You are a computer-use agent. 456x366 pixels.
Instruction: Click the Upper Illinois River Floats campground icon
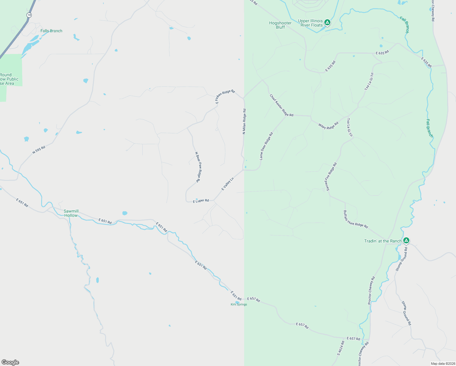327,22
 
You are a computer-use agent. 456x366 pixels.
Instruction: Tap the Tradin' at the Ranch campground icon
406,241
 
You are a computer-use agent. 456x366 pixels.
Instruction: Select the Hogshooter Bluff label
280,25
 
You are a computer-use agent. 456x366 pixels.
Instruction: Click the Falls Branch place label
51,31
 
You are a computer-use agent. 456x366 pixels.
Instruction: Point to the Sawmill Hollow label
71,213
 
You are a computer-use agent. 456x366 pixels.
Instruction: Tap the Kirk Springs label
239,304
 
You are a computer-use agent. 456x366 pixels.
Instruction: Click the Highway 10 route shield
29,15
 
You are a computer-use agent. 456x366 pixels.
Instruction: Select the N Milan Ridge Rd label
244,121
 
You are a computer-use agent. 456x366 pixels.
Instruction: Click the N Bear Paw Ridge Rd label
198,167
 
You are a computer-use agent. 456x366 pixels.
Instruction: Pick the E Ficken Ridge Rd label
225,96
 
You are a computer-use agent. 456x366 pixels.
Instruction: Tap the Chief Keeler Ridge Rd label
281,105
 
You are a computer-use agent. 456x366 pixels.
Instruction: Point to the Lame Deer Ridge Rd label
266,146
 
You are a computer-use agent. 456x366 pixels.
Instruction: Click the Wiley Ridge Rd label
328,126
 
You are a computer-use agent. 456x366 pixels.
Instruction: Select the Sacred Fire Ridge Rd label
331,177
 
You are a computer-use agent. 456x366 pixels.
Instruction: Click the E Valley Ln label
227,184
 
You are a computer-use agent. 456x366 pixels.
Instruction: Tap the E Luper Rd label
201,201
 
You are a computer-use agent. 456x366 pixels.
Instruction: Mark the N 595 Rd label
39,149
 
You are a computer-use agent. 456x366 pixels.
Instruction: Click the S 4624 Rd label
341,348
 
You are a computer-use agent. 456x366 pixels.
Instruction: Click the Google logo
10,362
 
